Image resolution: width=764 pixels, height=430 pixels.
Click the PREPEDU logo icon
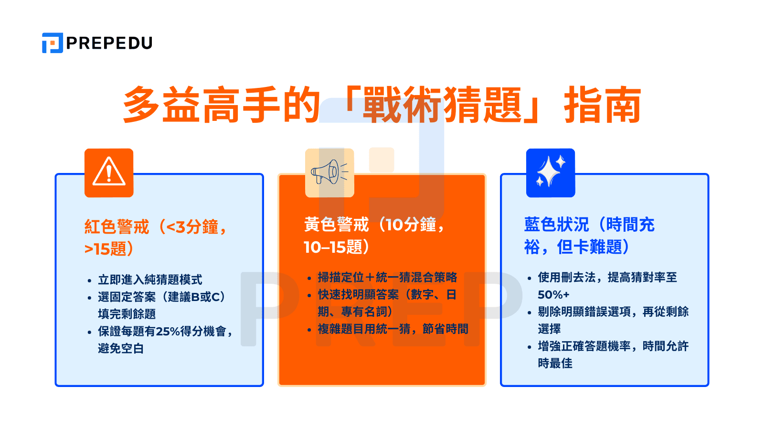pos(52,43)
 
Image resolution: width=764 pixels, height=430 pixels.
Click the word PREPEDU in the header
pos(109,43)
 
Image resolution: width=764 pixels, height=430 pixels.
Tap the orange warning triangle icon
pos(109,172)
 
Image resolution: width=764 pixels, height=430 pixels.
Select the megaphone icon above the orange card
pos(329,172)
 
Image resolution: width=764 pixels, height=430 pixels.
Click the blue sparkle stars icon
pos(551,172)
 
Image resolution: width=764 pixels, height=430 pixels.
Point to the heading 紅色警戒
pos(117,226)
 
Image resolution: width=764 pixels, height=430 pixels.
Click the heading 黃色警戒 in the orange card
pos(337,225)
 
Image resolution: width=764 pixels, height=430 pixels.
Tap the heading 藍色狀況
pos(556,225)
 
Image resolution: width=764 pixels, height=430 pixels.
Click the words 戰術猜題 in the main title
pos(443,105)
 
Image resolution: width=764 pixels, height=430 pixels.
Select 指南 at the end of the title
pos(603,105)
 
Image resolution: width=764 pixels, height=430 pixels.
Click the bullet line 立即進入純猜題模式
pos(150,279)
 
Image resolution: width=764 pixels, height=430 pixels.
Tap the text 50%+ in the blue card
pos(553,294)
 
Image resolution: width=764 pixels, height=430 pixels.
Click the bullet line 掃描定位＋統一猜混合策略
pos(387,277)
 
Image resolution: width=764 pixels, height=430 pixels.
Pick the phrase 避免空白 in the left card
pos(121,348)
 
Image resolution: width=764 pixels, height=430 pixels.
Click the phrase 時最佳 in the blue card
pos(555,363)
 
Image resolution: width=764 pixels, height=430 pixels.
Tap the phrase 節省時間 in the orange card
pos(446,329)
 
